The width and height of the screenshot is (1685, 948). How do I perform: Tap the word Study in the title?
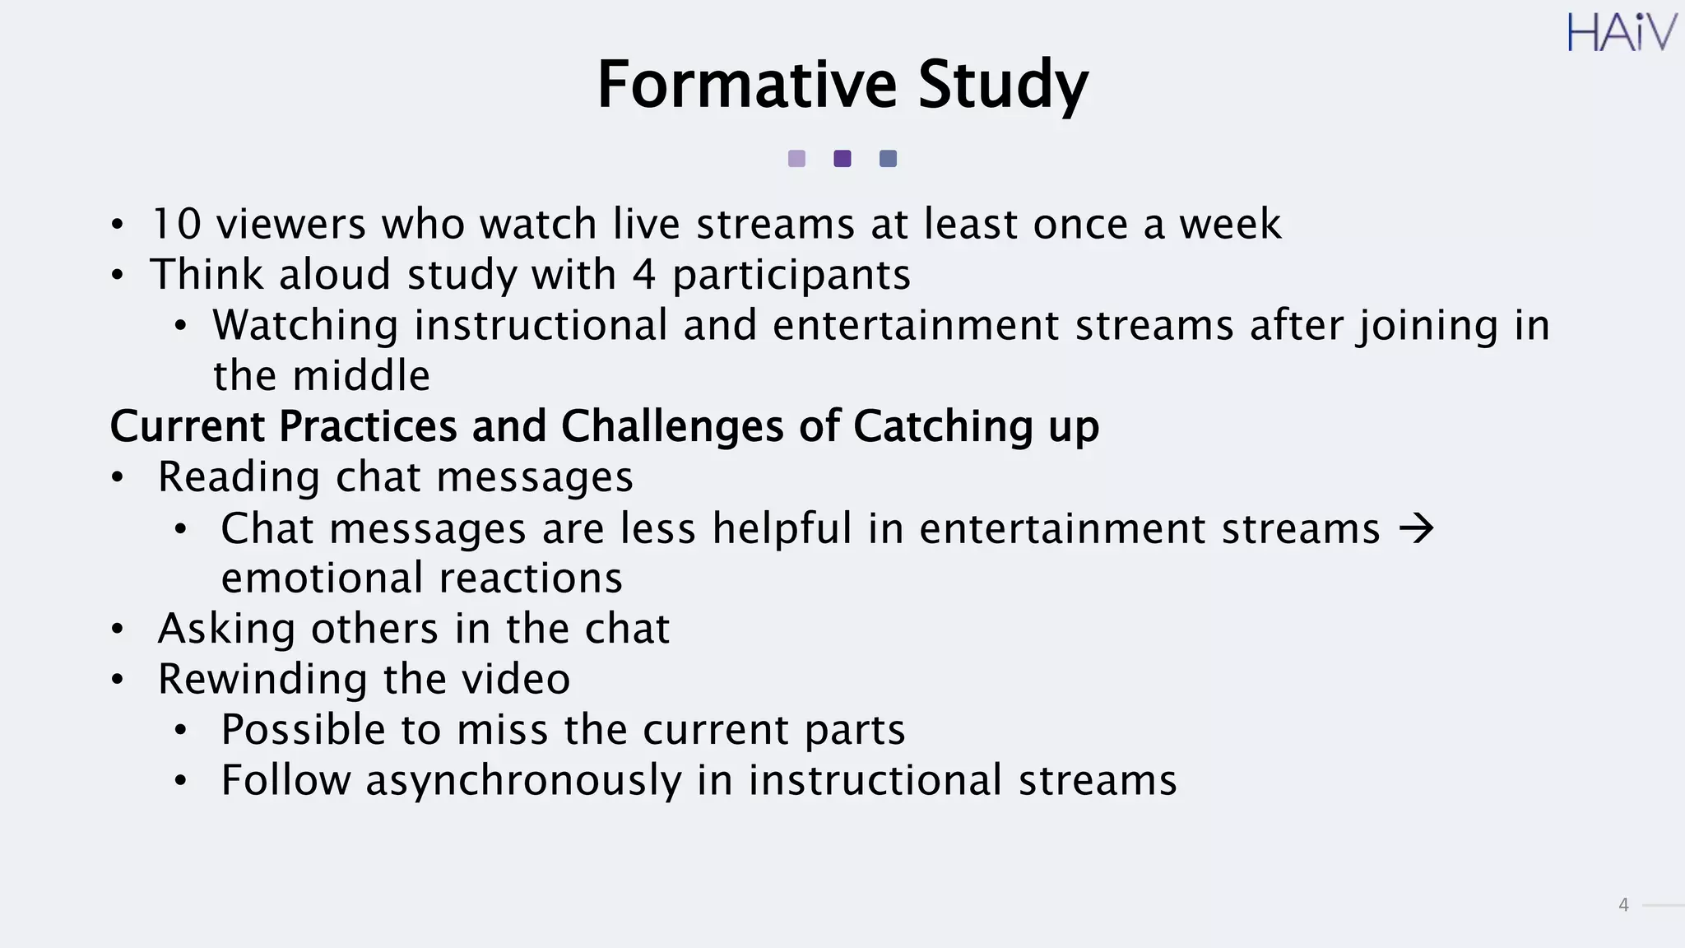coord(1002,86)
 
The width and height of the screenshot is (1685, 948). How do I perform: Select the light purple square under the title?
coord(796,159)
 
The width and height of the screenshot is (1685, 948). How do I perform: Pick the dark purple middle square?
coord(842,159)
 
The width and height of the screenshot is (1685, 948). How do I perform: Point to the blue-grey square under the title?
coord(888,159)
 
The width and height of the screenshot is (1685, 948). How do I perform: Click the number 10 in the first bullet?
coord(177,224)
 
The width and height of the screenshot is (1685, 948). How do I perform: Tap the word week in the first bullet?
coord(1230,224)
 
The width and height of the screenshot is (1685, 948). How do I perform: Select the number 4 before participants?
coord(644,275)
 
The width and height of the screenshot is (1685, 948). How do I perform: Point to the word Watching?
coord(305,326)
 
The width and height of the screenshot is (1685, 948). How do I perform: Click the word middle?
coord(362,376)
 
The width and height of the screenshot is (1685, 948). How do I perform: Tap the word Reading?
coord(239,478)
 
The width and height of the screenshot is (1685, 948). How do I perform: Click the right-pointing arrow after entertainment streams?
coord(1417,528)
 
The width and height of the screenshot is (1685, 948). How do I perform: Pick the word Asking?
coord(226,630)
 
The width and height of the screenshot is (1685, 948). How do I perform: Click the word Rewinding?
coord(262,680)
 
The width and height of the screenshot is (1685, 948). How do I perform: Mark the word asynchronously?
coord(523,781)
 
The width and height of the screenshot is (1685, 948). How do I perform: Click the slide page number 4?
coord(1623,905)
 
